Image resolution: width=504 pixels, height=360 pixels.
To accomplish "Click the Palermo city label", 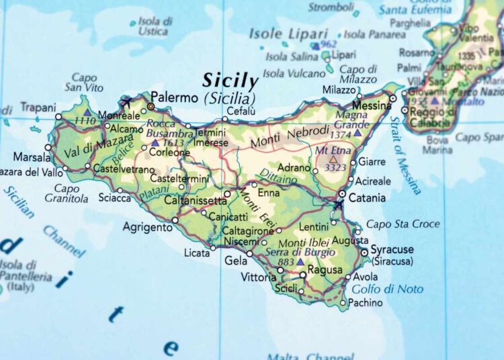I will coord(174,96).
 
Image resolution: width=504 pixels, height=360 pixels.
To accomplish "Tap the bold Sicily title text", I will coord(230,81).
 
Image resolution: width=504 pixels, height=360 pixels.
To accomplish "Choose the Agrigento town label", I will coord(147,228).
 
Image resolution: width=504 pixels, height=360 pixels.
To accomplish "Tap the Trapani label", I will coord(38,107).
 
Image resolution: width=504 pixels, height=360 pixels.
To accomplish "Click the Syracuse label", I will coord(392,249).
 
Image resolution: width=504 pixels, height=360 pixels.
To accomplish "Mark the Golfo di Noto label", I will coord(388,289).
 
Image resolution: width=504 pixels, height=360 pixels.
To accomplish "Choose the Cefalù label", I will coord(241,111).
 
